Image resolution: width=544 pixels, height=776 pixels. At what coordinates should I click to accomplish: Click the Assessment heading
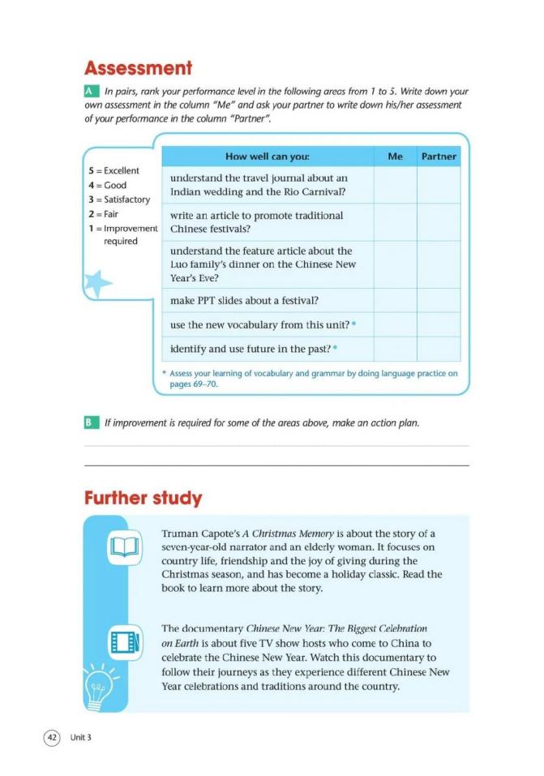[x=139, y=67]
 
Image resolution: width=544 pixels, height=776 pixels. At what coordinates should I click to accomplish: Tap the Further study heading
[x=143, y=497]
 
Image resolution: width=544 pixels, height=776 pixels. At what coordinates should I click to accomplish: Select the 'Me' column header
[x=395, y=156]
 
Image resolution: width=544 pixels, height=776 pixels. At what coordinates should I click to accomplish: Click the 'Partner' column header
[x=439, y=156]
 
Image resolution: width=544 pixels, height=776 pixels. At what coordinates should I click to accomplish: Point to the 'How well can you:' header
[x=268, y=156]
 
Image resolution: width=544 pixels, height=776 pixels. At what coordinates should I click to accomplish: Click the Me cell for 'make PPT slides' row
[x=395, y=301]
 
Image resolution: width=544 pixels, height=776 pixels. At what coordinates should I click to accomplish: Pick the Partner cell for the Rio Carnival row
[x=439, y=184]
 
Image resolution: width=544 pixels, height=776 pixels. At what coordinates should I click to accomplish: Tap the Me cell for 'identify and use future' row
[x=395, y=349]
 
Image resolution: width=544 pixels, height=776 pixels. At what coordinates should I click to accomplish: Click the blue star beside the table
[x=98, y=283]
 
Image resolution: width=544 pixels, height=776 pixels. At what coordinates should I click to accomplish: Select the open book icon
[x=126, y=548]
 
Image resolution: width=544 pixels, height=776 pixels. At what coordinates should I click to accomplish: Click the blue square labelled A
[x=91, y=93]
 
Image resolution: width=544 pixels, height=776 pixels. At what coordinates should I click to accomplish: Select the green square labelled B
[x=91, y=422]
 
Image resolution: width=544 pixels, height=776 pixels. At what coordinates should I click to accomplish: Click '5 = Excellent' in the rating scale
[x=114, y=171]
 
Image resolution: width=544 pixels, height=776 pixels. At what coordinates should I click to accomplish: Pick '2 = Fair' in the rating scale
[x=108, y=214]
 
